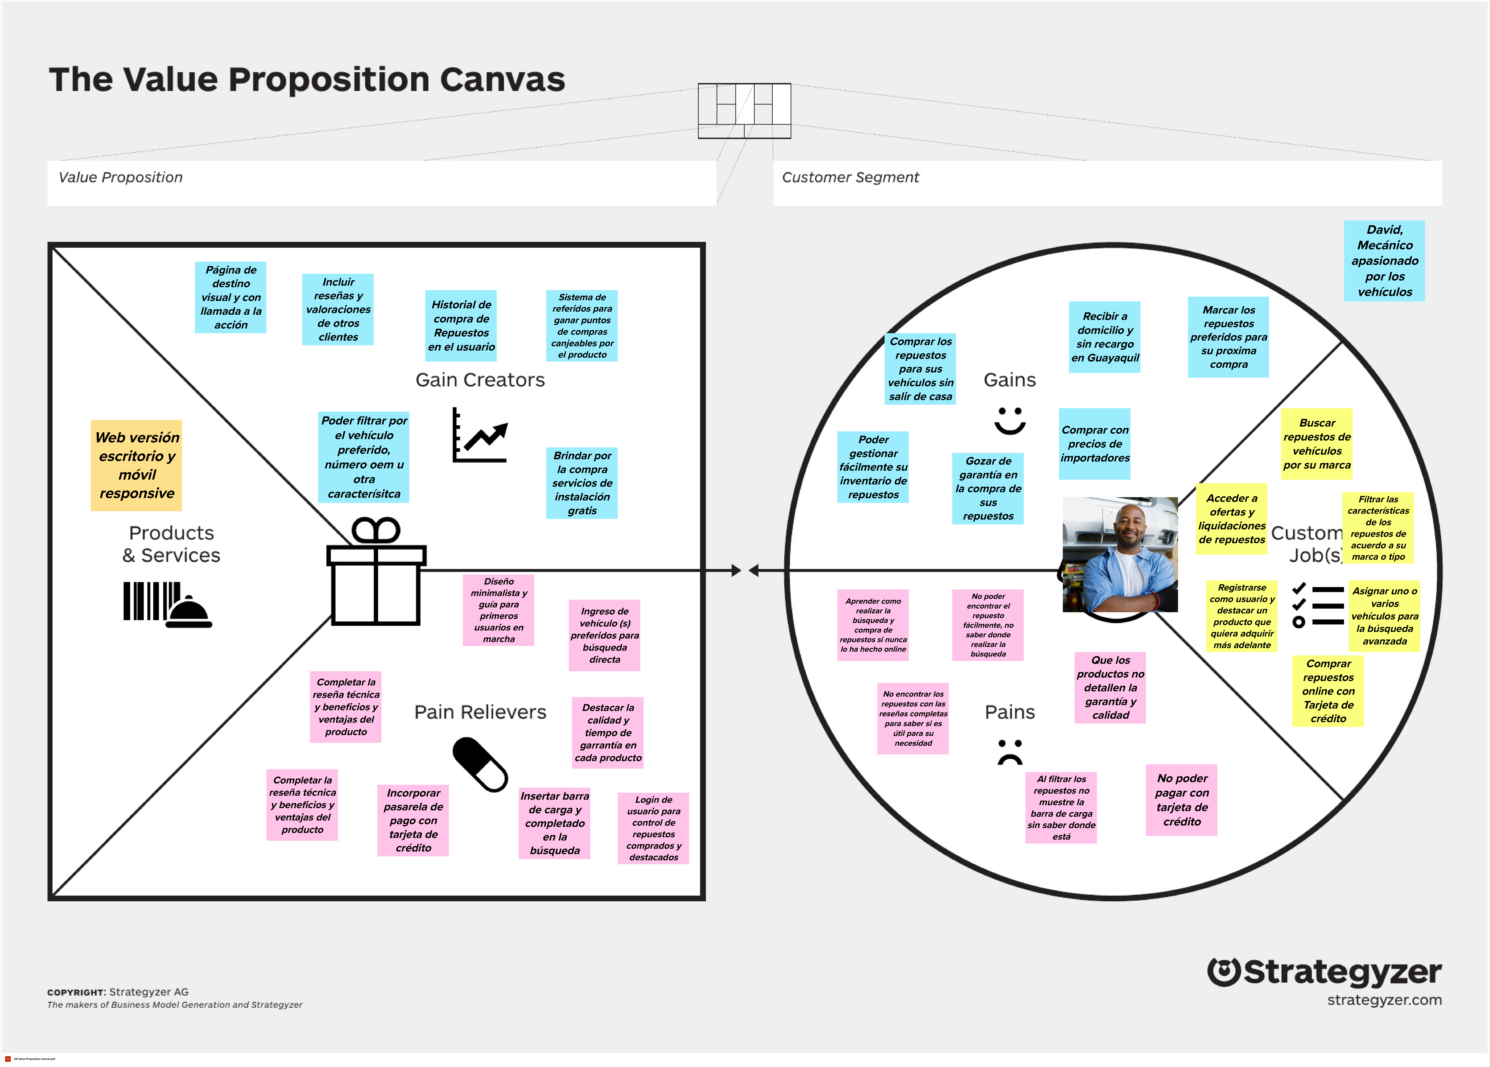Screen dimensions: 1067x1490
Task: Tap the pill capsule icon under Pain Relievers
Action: click(480, 764)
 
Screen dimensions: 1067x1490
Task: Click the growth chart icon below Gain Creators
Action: click(480, 436)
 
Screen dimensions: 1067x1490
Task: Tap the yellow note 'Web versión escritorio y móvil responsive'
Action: click(137, 465)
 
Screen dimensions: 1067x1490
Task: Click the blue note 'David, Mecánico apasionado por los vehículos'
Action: click(1384, 261)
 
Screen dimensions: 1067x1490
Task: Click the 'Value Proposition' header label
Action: click(121, 177)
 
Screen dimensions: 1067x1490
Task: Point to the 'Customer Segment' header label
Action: click(850, 177)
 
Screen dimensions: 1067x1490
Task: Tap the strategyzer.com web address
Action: click(1384, 1000)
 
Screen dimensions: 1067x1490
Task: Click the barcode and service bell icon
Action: click(168, 604)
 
